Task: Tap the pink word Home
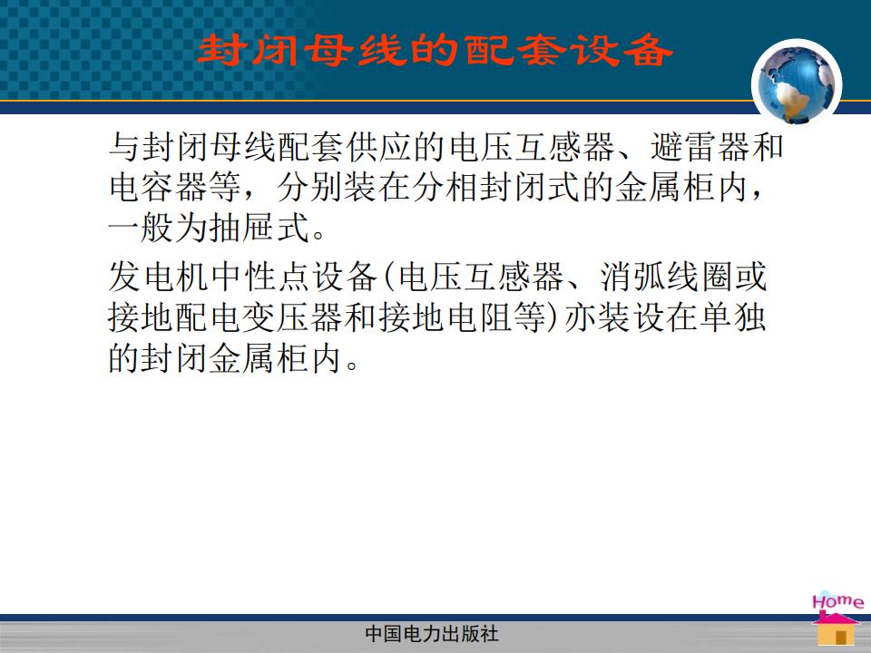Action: pyautogui.click(x=837, y=601)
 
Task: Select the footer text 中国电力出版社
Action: pyautogui.click(x=432, y=634)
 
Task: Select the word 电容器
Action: pyautogui.click(x=158, y=187)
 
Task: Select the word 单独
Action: pyautogui.click(x=733, y=317)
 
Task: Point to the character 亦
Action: pyautogui.click(x=580, y=317)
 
